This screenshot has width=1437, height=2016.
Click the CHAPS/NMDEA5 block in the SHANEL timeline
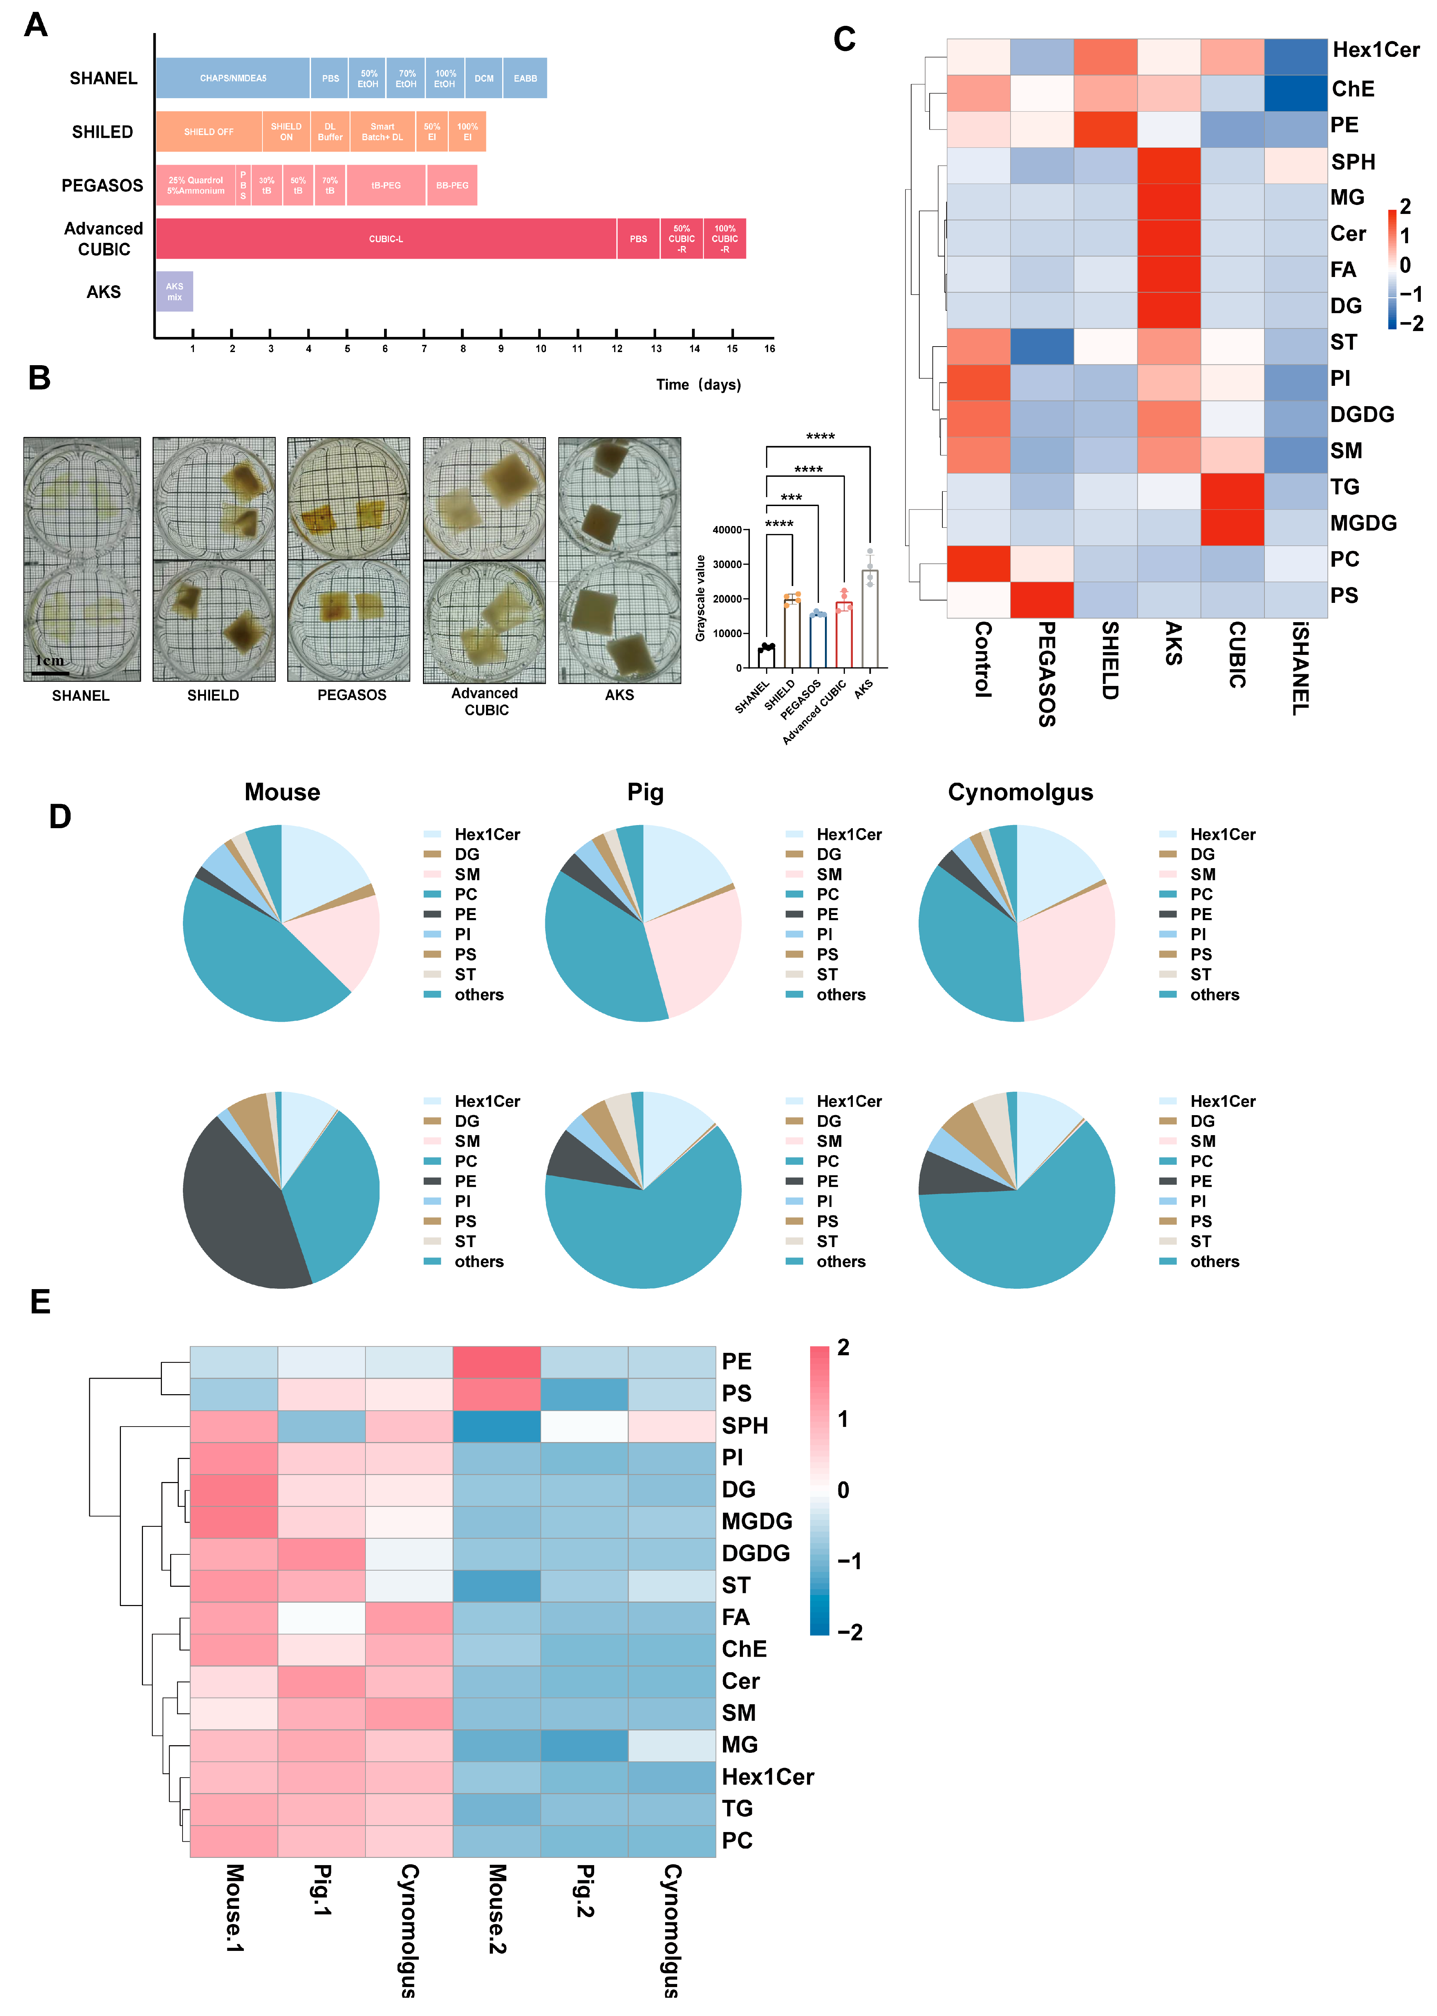pyautogui.click(x=233, y=78)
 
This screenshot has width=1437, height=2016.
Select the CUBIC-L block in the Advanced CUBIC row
pyautogui.click(x=386, y=239)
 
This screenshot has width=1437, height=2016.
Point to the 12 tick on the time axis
pyautogui.click(x=617, y=348)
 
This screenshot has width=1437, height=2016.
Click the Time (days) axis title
pyautogui.click(x=698, y=384)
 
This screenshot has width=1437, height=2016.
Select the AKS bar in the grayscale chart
pyautogui.click(x=870, y=619)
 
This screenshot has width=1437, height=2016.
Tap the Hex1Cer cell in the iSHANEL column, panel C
pyautogui.click(x=1295, y=56)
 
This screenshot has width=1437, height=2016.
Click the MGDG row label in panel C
pyautogui.click(x=1363, y=523)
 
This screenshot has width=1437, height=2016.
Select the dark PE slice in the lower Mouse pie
pyautogui.click(x=239, y=1212)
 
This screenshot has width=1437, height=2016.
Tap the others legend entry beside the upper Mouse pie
pyautogui.click(x=479, y=995)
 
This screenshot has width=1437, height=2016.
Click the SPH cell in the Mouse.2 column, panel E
pyautogui.click(x=496, y=1426)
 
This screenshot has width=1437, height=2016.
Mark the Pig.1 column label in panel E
pyautogui.click(x=322, y=1890)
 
